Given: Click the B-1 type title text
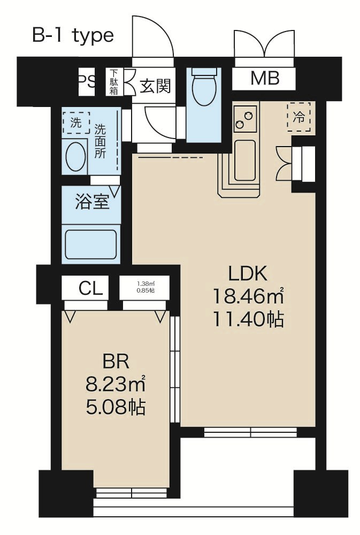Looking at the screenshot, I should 73,35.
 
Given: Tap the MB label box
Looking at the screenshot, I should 265,79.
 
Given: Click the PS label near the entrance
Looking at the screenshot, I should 87,81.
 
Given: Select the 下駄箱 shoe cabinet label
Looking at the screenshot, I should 113,82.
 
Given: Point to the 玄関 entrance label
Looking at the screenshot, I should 155,85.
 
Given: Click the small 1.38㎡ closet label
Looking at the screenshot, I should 144,288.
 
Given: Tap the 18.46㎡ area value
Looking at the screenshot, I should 248,296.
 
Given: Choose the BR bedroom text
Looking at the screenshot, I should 115,362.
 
